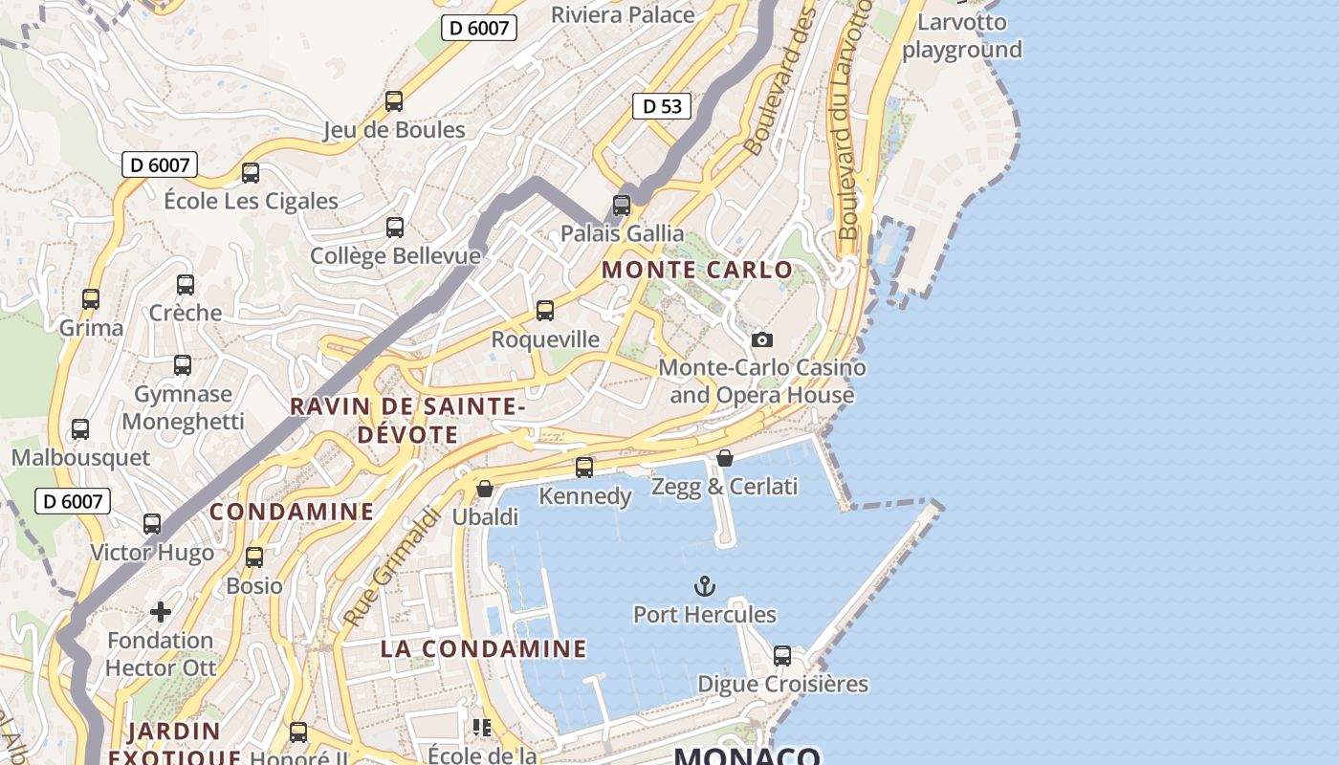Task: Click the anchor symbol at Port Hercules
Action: coord(704,585)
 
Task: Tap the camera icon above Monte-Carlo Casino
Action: coord(761,339)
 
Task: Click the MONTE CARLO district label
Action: coord(697,270)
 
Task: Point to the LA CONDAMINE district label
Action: coord(483,648)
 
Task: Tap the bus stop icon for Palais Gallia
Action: coord(622,205)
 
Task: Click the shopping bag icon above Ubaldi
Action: coord(485,489)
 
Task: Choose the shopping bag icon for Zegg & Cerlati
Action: coord(725,458)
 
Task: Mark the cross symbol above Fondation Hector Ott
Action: coord(161,611)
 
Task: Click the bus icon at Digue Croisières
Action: coord(782,656)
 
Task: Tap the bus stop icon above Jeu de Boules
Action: coord(393,101)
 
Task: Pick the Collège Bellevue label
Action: coord(395,255)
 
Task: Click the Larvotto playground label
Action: coord(962,35)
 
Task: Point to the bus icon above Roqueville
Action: coord(545,311)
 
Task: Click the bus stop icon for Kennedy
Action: coord(584,468)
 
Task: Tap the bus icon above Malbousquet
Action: coord(80,429)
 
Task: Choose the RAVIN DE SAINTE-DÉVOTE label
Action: coord(407,420)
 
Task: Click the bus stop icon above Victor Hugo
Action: coord(152,524)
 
